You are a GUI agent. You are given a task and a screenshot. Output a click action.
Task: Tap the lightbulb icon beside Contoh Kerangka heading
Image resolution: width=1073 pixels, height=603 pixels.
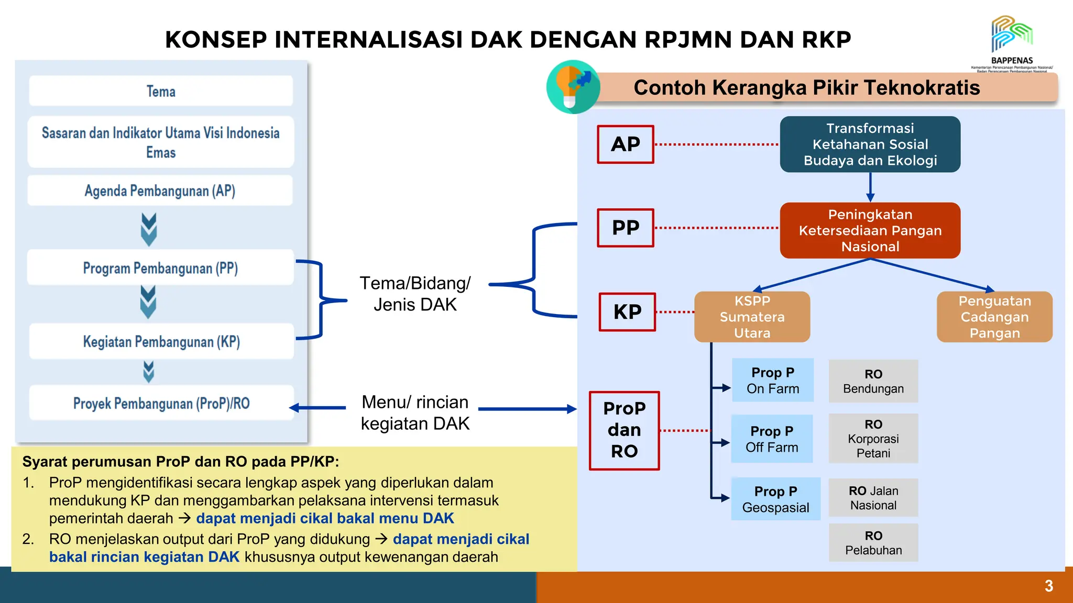[573, 87]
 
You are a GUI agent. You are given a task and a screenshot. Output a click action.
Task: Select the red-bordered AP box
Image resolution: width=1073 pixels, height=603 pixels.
[626, 144]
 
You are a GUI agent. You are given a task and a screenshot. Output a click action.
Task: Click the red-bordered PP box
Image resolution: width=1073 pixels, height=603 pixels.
[626, 228]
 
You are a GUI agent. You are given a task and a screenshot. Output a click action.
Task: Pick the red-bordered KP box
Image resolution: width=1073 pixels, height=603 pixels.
[627, 312]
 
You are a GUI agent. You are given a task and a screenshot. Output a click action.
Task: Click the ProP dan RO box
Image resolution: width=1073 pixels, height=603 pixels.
[624, 430]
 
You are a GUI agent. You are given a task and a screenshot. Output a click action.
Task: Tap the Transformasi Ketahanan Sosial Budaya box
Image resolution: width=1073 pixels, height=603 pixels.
[870, 144]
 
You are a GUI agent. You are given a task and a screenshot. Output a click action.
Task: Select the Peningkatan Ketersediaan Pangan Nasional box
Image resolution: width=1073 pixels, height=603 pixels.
[870, 230]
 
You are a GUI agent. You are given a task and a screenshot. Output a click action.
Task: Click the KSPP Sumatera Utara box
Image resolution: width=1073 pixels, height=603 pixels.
[752, 317]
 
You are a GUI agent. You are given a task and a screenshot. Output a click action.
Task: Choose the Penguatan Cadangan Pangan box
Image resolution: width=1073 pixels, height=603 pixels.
[994, 317]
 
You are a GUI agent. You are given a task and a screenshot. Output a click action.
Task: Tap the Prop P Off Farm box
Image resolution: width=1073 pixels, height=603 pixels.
[772, 439]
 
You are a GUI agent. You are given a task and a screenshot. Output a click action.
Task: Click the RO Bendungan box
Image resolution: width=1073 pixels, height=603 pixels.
[873, 381]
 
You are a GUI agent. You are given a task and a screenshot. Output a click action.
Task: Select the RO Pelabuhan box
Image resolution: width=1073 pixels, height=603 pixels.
[873, 543]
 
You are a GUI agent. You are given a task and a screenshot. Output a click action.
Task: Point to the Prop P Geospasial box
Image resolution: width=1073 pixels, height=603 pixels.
[775, 499]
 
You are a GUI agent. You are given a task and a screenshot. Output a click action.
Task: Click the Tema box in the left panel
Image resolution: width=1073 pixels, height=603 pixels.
[161, 91]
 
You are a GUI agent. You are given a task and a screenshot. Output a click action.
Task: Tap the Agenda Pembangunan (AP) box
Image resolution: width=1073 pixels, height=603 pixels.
[160, 191]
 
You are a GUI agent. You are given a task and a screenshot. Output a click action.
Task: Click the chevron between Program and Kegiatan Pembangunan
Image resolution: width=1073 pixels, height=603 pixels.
[148, 302]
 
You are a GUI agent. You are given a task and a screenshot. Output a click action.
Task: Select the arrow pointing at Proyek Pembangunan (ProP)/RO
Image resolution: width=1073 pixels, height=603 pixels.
[316, 408]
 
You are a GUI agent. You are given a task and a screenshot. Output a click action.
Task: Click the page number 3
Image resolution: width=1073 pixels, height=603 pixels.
[1048, 586]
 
